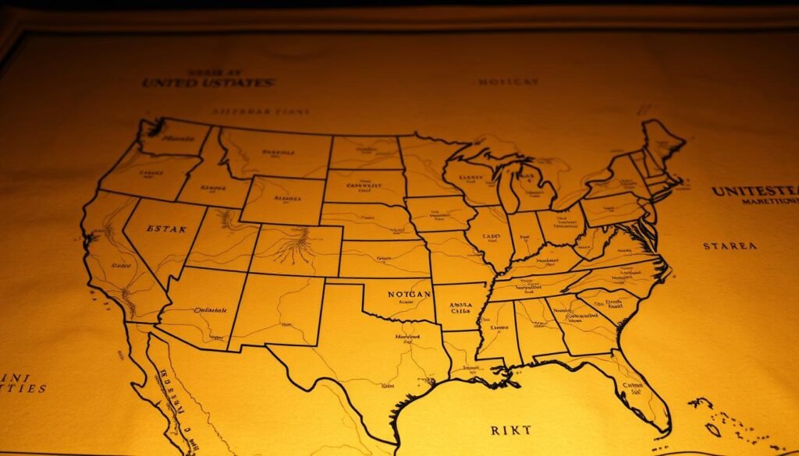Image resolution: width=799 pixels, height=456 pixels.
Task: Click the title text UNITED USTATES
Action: [x=208, y=83]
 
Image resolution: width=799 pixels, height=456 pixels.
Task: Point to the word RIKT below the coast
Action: [x=512, y=429]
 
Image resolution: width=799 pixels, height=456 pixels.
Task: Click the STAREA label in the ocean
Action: [x=730, y=246]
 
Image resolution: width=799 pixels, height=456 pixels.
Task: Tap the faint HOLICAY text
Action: [x=508, y=81]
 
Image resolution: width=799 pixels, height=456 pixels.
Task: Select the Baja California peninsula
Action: [x=168, y=390]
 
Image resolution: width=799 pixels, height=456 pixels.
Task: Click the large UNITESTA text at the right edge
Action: [x=754, y=191]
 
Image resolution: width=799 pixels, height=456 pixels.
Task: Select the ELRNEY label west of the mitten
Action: [x=471, y=178]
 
